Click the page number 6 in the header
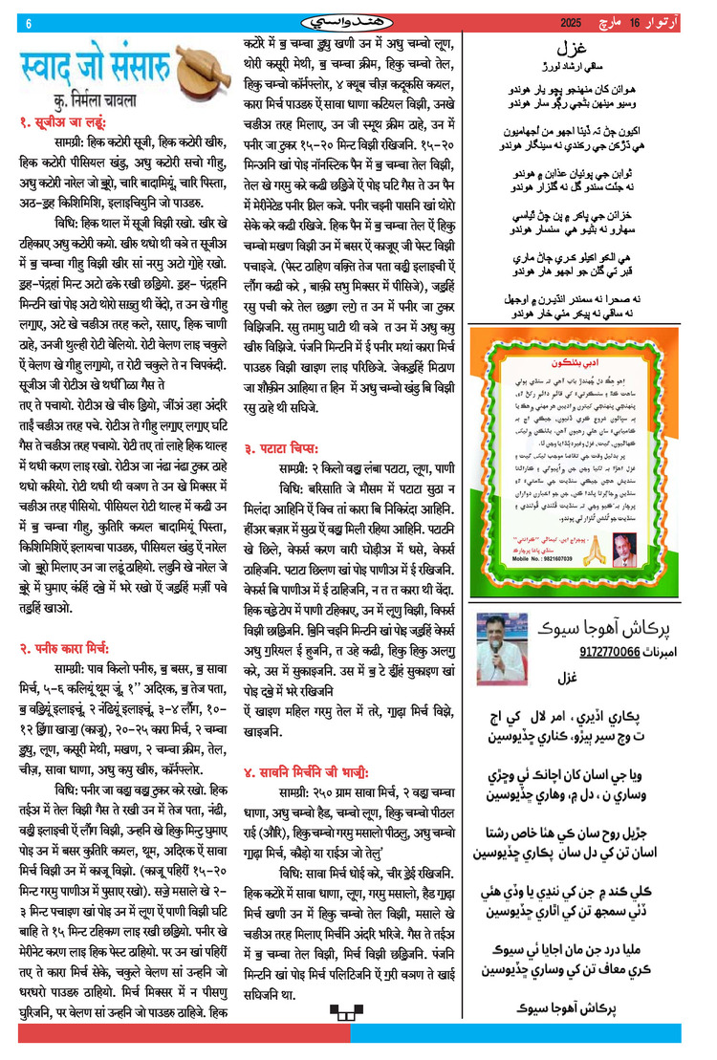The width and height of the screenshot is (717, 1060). tap(29, 24)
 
